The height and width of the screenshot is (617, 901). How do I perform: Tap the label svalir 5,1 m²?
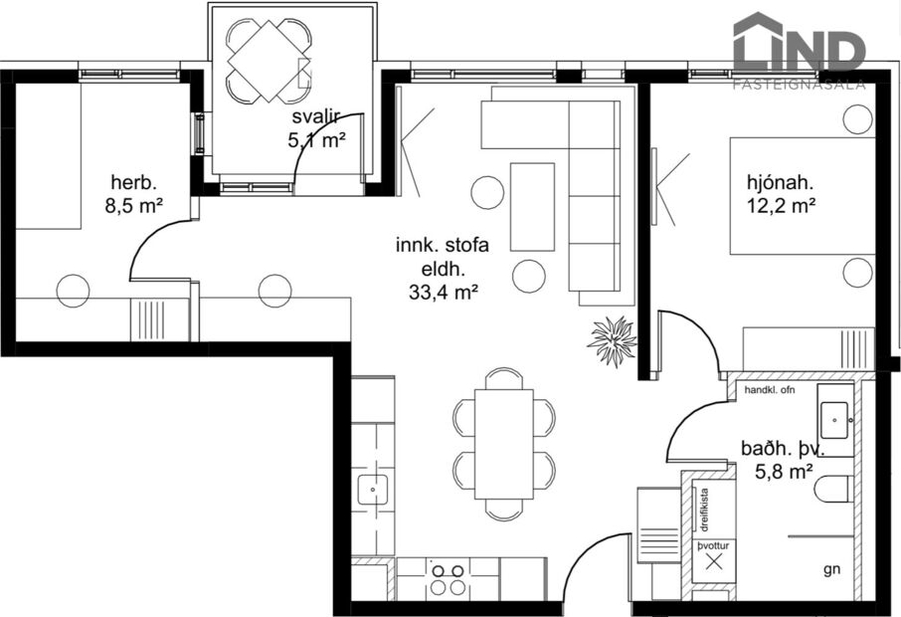[x=317, y=131]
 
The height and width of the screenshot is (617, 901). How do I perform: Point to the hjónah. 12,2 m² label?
[x=781, y=194]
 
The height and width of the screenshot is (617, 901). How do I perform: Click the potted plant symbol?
[x=612, y=341]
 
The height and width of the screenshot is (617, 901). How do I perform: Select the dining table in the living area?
[x=503, y=443]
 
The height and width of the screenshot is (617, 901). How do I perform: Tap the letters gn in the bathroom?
[x=831, y=570]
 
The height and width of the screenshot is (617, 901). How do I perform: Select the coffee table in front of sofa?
[x=532, y=207]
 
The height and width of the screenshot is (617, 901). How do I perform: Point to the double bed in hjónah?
[x=803, y=197]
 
